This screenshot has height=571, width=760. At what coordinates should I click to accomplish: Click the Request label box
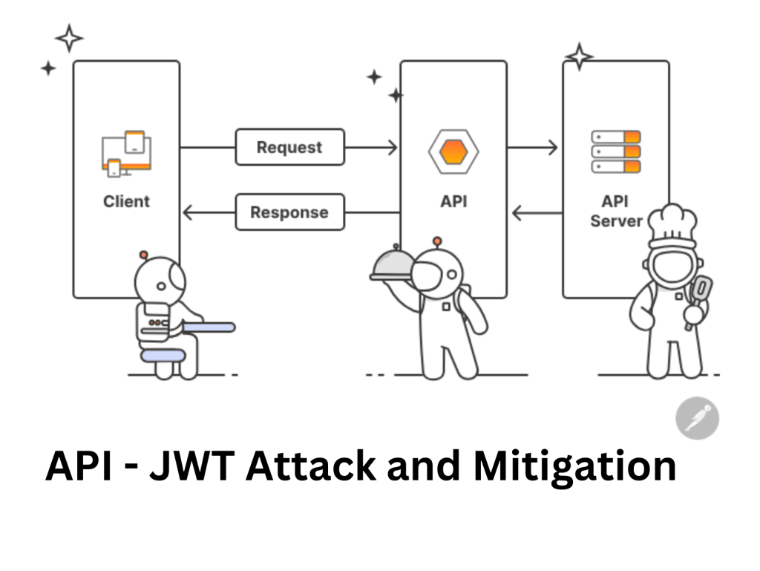289,147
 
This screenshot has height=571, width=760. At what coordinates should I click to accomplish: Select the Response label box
289,212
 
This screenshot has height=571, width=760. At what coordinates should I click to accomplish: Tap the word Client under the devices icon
126,201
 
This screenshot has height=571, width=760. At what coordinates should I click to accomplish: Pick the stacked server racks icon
615,151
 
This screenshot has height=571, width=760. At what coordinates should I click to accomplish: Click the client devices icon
126,154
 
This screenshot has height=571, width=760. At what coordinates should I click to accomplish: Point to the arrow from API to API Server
533,147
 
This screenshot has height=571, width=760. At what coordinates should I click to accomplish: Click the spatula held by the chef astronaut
700,291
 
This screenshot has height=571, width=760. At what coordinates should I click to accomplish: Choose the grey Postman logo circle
697,419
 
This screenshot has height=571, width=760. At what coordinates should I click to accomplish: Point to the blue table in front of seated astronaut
209,327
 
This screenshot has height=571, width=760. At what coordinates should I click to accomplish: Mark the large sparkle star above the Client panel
69,38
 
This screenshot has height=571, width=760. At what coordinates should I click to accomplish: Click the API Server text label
615,211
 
